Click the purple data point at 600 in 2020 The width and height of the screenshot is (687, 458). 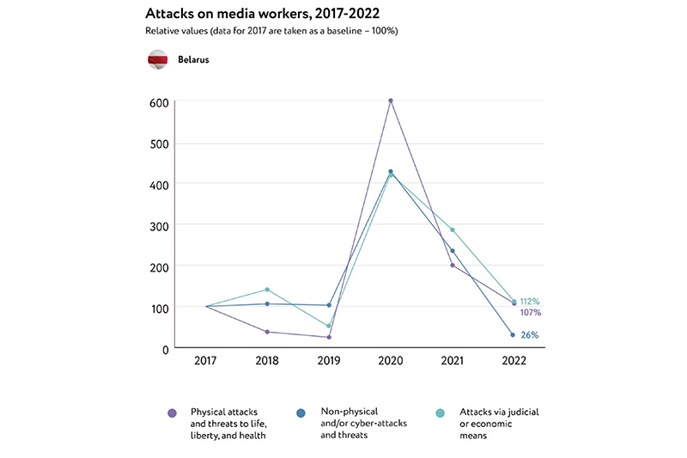tap(391, 101)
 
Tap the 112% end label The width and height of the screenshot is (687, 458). tap(530, 302)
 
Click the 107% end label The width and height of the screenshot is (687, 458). tap(530, 313)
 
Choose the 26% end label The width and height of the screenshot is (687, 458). tap(530, 335)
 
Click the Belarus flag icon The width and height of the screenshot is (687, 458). tap(157, 61)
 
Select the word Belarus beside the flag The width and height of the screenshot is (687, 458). tap(193, 61)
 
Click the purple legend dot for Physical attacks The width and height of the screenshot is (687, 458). tap(173, 413)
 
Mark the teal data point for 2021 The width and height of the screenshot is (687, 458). tap(453, 230)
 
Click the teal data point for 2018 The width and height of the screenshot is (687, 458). tap(267, 290)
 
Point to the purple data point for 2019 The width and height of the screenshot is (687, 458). tap(329, 337)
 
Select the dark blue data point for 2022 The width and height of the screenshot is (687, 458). tap(514, 335)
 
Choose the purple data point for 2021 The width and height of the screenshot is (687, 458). tap(453, 265)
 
